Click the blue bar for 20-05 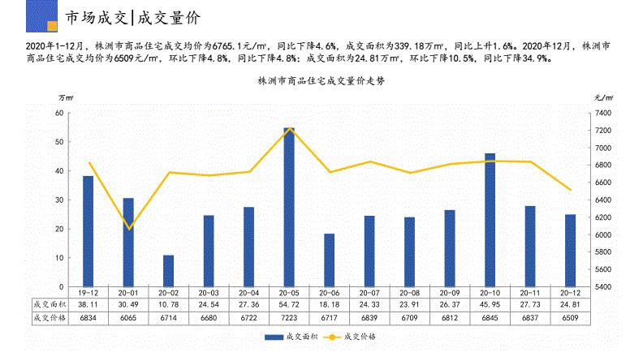point(289,207)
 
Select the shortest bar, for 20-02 point(168,271)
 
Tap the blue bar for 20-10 point(490,220)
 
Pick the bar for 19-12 point(88,231)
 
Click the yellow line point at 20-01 point(128,229)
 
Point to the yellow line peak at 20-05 point(289,128)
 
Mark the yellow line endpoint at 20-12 point(570,190)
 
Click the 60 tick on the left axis point(59,113)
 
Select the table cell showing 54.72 point(289,305)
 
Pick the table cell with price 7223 point(289,318)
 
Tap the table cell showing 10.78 point(168,305)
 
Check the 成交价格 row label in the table point(47,318)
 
